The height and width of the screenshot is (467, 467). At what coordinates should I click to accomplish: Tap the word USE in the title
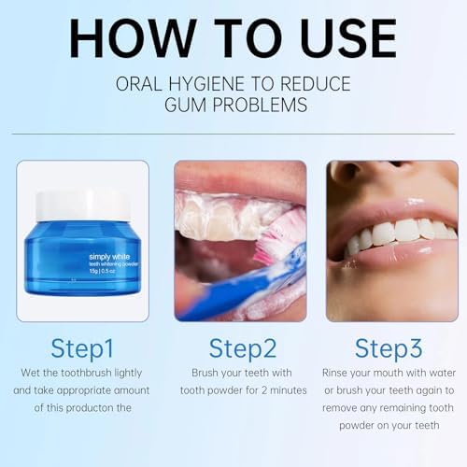pos(348,38)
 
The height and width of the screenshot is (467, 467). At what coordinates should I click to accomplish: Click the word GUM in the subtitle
pos(185,105)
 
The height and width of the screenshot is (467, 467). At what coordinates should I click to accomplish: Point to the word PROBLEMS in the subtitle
pos(260,105)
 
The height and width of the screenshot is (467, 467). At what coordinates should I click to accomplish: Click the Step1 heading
pos(82,349)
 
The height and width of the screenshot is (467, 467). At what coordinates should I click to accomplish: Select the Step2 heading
pos(243,349)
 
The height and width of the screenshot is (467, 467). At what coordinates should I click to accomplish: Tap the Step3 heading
pos(389,349)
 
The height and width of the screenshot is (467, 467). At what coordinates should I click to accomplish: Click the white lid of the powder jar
pos(83,205)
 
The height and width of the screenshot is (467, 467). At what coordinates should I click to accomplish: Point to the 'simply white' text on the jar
pos(109,257)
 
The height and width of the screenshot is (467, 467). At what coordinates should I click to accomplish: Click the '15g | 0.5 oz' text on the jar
pos(103,271)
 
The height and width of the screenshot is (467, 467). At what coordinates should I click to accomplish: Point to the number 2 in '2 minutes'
pos(264,390)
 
